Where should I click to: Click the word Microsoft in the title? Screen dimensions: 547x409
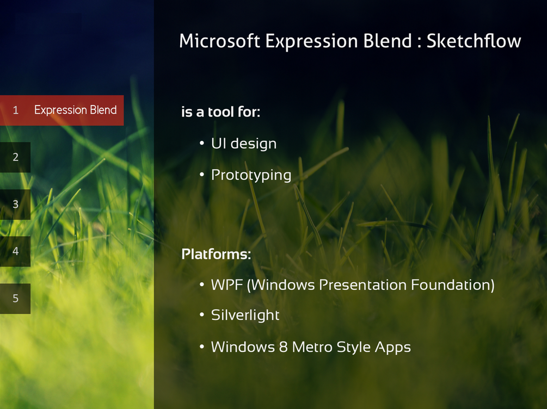pyautogui.click(x=219, y=41)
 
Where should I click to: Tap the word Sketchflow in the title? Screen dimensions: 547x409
pyautogui.click(x=474, y=41)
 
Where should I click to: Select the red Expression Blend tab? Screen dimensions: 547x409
pyautogui.click(x=62, y=110)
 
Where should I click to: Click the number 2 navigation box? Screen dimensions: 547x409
pyautogui.click(x=15, y=157)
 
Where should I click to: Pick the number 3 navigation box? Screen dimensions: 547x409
pyautogui.click(x=15, y=205)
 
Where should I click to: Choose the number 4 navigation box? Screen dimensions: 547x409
pyautogui.click(x=15, y=251)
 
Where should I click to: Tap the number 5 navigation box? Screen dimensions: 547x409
pyautogui.click(x=15, y=299)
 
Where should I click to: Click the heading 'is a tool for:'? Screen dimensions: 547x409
pyautogui.click(x=220, y=112)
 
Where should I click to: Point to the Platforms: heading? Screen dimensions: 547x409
pyautogui.click(x=216, y=254)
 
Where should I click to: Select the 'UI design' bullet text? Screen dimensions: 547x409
pyautogui.click(x=243, y=144)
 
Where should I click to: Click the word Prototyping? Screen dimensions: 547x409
pyautogui.click(x=251, y=175)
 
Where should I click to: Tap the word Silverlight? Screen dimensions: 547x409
pyautogui.click(x=245, y=315)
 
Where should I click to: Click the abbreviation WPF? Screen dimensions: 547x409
pyautogui.click(x=227, y=285)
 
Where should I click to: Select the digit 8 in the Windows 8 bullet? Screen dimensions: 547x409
pyautogui.click(x=283, y=348)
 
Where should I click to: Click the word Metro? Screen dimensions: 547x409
pyautogui.click(x=312, y=348)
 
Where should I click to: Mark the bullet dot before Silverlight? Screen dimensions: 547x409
pyautogui.click(x=201, y=314)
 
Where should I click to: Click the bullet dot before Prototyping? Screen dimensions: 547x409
pyautogui.click(x=201, y=174)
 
